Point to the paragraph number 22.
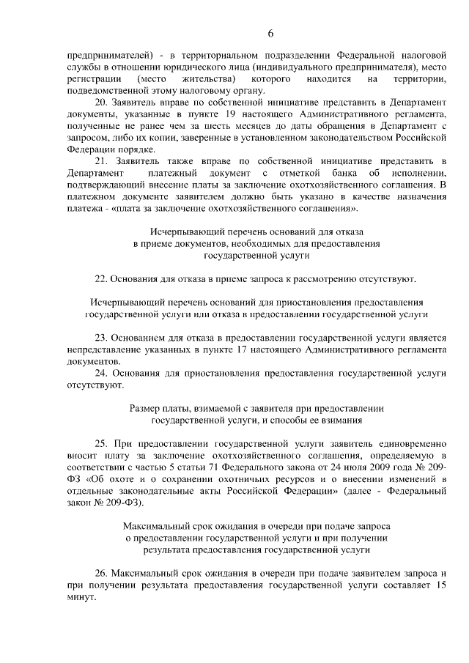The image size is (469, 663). tap(103, 279)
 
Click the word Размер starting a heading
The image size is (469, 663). tap(144, 409)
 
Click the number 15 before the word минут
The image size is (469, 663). tap(440, 585)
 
